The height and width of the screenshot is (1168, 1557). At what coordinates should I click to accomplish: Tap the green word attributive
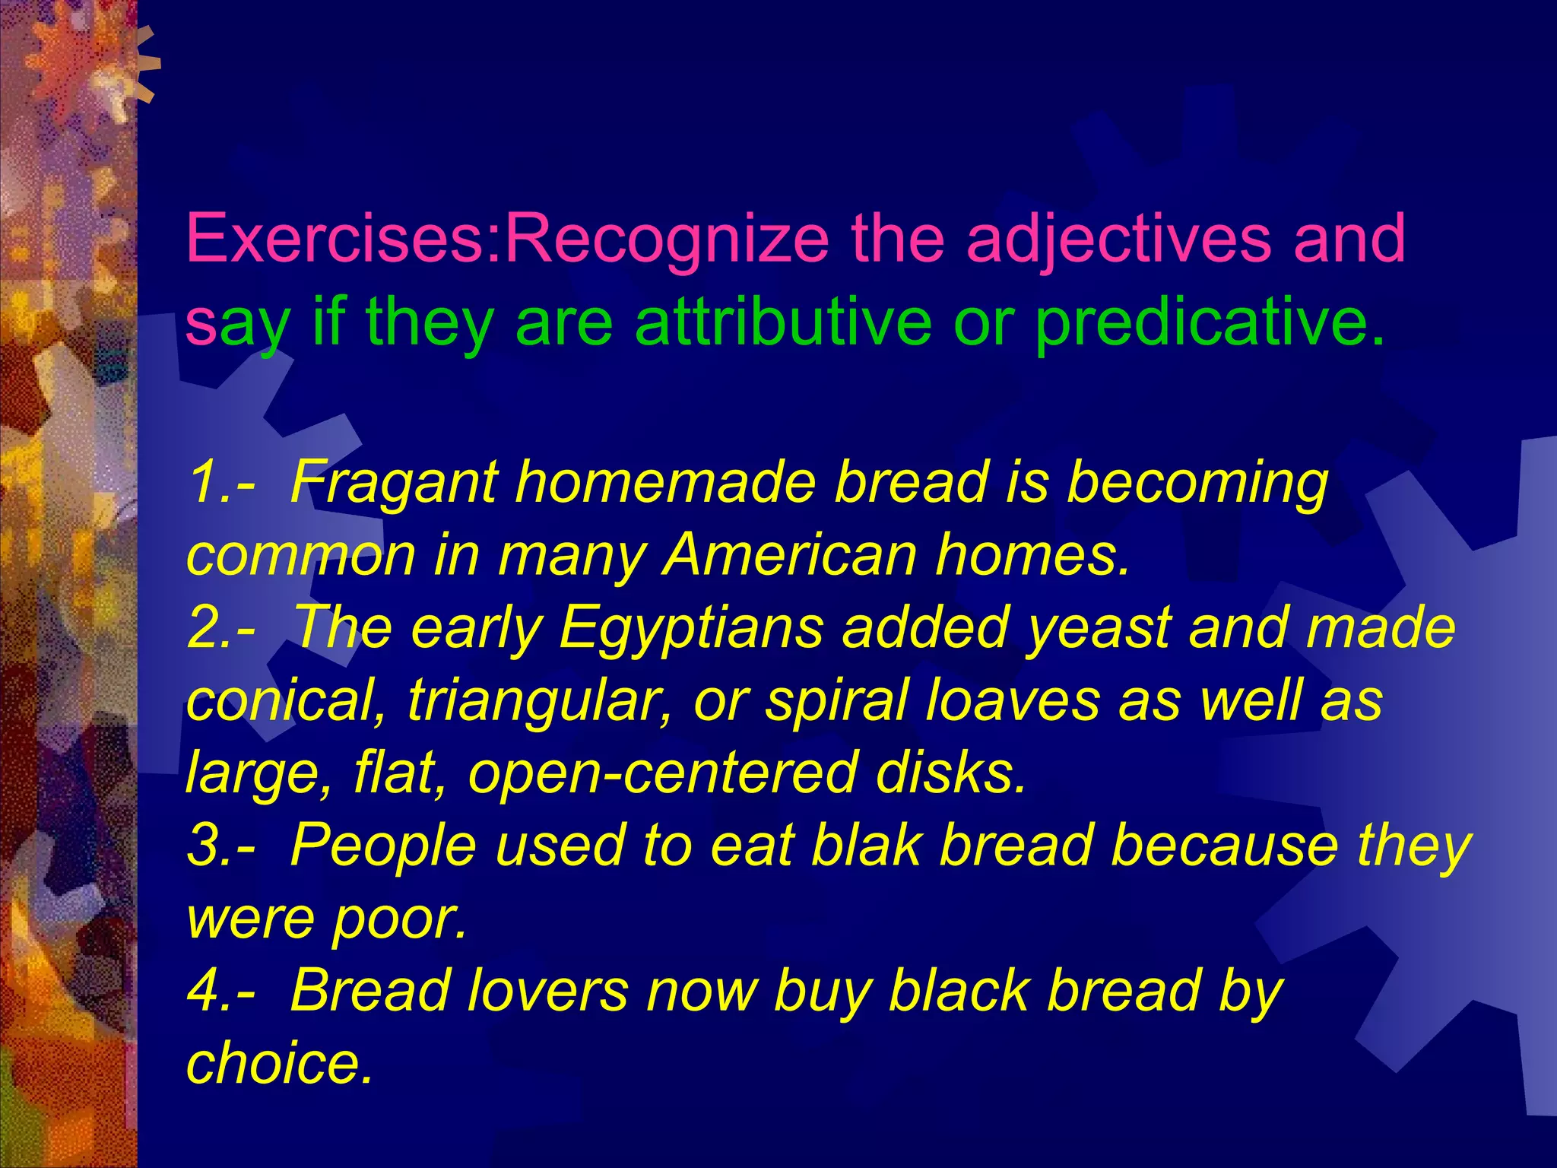coord(783,322)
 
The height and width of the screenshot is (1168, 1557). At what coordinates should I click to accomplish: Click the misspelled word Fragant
coord(393,484)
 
